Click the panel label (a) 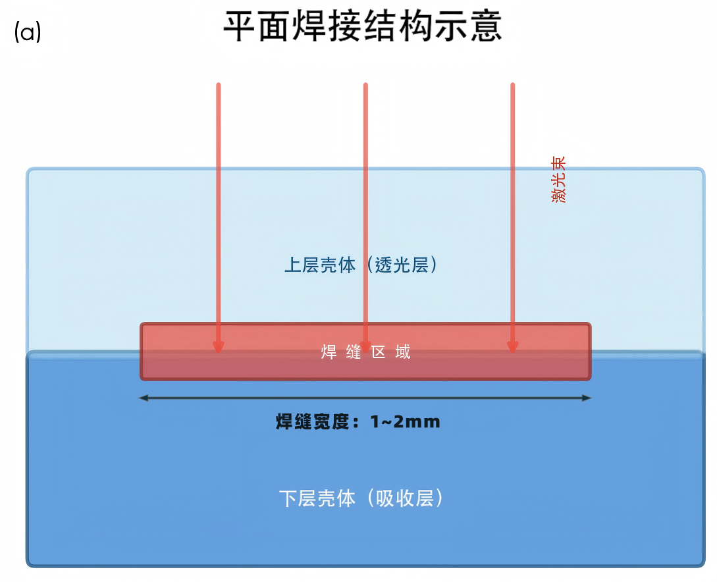click(28, 32)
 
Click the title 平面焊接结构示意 click(363, 26)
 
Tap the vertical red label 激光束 click(558, 179)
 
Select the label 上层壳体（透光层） click(361, 265)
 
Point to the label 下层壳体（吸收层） click(361, 498)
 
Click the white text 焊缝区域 click(366, 352)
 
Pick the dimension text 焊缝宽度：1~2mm click(358, 421)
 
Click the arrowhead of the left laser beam click(219, 348)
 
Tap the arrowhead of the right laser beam click(513, 348)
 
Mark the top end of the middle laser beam click(365, 84)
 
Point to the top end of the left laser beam click(219, 84)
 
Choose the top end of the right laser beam click(513, 84)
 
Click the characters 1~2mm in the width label click(405, 421)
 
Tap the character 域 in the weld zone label click(403, 352)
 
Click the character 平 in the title click(239, 26)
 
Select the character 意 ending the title click(487, 26)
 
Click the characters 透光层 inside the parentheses click(402, 265)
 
